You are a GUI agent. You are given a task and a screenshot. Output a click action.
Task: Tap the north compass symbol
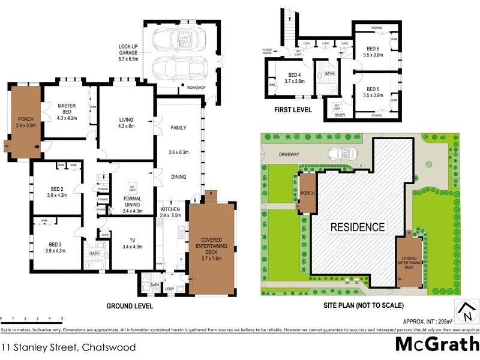pyautogui.click(x=467, y=311)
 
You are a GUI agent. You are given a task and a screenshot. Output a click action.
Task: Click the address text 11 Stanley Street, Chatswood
pyautogui.click(x=68, y=347)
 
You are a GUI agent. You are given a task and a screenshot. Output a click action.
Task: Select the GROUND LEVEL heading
pyautogui.click(x=130, y=306)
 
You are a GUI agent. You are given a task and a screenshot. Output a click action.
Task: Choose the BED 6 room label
pyautogui.click(x=373, y=51)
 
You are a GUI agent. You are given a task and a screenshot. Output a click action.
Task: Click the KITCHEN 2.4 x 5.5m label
pyautogui.click(x=171, y=212)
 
